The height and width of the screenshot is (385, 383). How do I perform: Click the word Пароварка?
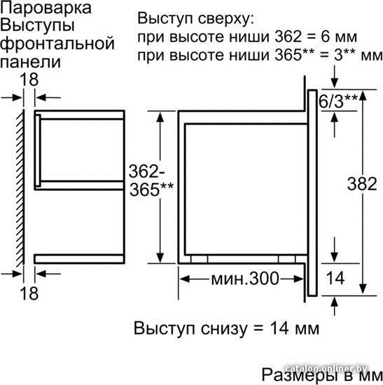click(x=46, y=8)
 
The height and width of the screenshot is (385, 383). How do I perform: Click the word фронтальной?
click(x=57, y=43)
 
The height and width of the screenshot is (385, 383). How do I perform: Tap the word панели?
click(x=31, y=62)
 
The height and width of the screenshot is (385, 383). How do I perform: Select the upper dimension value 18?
click(x=29, y=80)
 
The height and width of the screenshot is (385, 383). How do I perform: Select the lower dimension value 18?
click(x=29, y=293)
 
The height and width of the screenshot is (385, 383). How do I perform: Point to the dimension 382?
click(x=362, y=183)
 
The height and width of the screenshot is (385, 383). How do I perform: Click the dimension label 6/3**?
click(x=338, y=101)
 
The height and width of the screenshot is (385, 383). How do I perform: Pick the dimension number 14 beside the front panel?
click(x=335, y=278)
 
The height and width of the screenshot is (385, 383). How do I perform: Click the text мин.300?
click(x=245, y=279)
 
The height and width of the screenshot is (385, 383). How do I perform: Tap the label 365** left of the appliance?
click(x=151, y=190)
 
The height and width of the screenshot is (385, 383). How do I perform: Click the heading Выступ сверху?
click(x=196, y=19)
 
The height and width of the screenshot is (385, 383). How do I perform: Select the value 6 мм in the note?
click(x=339, y=37)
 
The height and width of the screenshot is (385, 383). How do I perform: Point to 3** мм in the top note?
click(x=358, y=55)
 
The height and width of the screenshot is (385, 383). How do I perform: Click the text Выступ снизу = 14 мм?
click(x=226, y=328)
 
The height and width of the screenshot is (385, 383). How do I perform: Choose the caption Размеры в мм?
click(x=322, y=375)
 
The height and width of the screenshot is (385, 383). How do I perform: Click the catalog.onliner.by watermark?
click(x=327, y=368)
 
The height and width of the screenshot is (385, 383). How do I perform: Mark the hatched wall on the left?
click(x=20, y=187)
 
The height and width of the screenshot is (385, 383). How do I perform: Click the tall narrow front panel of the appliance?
click(x=312, y=193)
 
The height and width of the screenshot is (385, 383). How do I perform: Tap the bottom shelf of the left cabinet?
click(x=79, y=259)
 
